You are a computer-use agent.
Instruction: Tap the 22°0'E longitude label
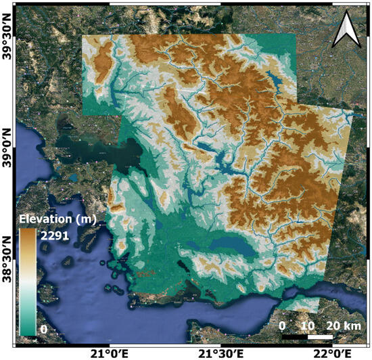tap(331, 353)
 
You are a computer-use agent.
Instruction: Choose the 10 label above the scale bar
tap(308, 325)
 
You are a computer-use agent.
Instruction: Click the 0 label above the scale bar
tap(283, 325)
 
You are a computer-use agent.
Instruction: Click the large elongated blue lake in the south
tap(231, 246)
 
